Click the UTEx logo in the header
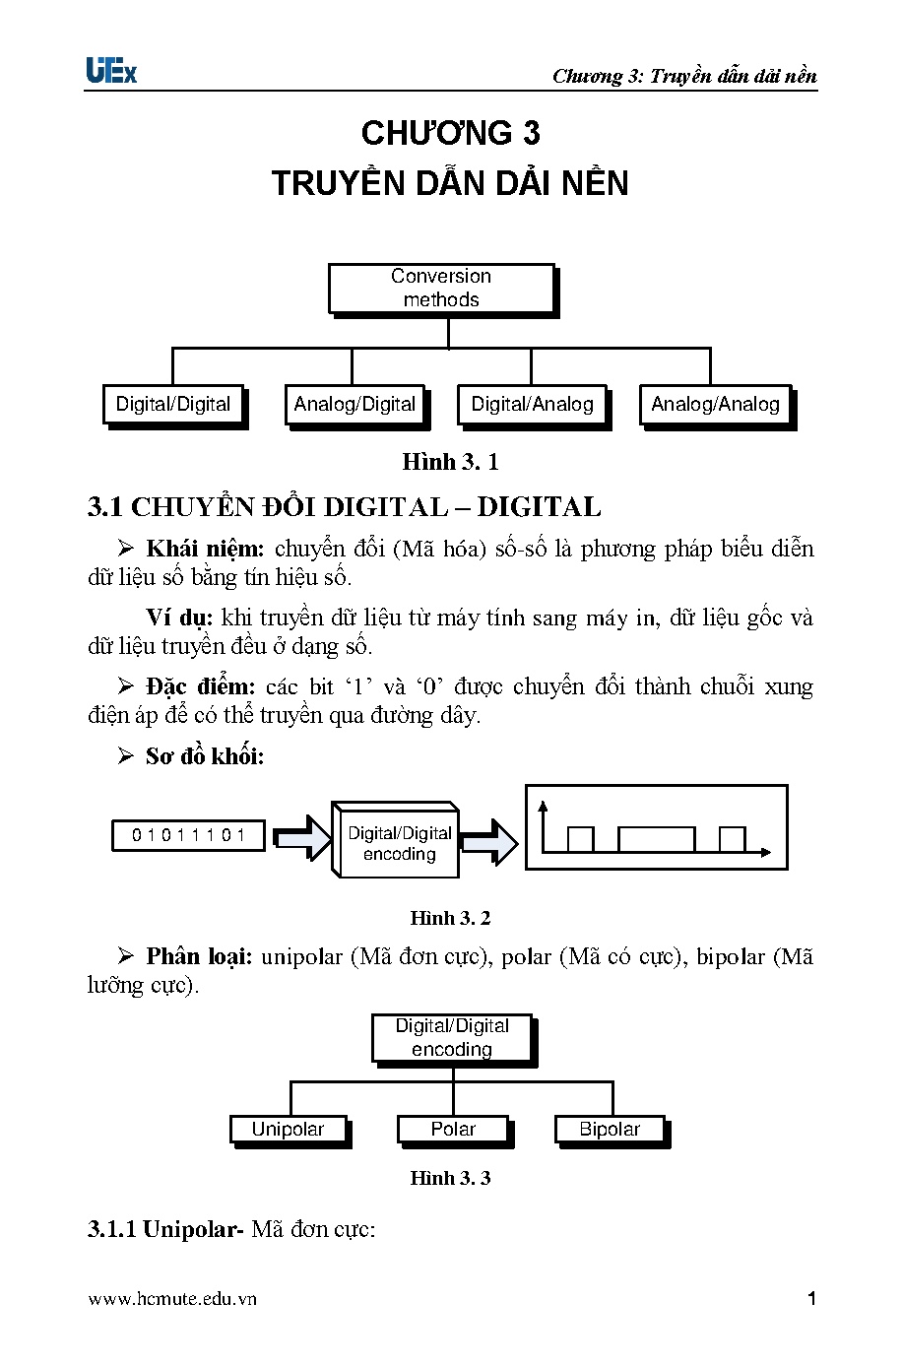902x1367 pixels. [111, 71]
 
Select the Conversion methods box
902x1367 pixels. [441, 289]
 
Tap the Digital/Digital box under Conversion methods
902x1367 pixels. [173, 405]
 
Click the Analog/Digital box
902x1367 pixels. [354, 405]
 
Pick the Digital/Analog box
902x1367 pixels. [532, 405]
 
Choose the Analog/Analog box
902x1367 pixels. [715, 405]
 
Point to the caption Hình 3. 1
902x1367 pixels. [450, 462]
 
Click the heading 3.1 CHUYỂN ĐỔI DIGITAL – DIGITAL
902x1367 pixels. [344, 507]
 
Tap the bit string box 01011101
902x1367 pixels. [189, 835]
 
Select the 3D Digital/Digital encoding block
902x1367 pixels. [398, 843]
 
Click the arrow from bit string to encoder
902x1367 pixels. [302, 837]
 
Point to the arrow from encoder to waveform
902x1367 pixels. [489, 841]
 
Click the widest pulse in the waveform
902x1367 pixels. [656, 839]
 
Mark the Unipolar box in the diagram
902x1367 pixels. [288, 1130]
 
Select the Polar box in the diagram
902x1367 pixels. [453, 1130]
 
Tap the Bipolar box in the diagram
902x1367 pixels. [610, 1130]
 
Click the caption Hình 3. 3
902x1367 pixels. [450, 1178]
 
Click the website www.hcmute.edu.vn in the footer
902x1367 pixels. [172, 1299]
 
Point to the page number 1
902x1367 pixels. [811, 1299]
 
